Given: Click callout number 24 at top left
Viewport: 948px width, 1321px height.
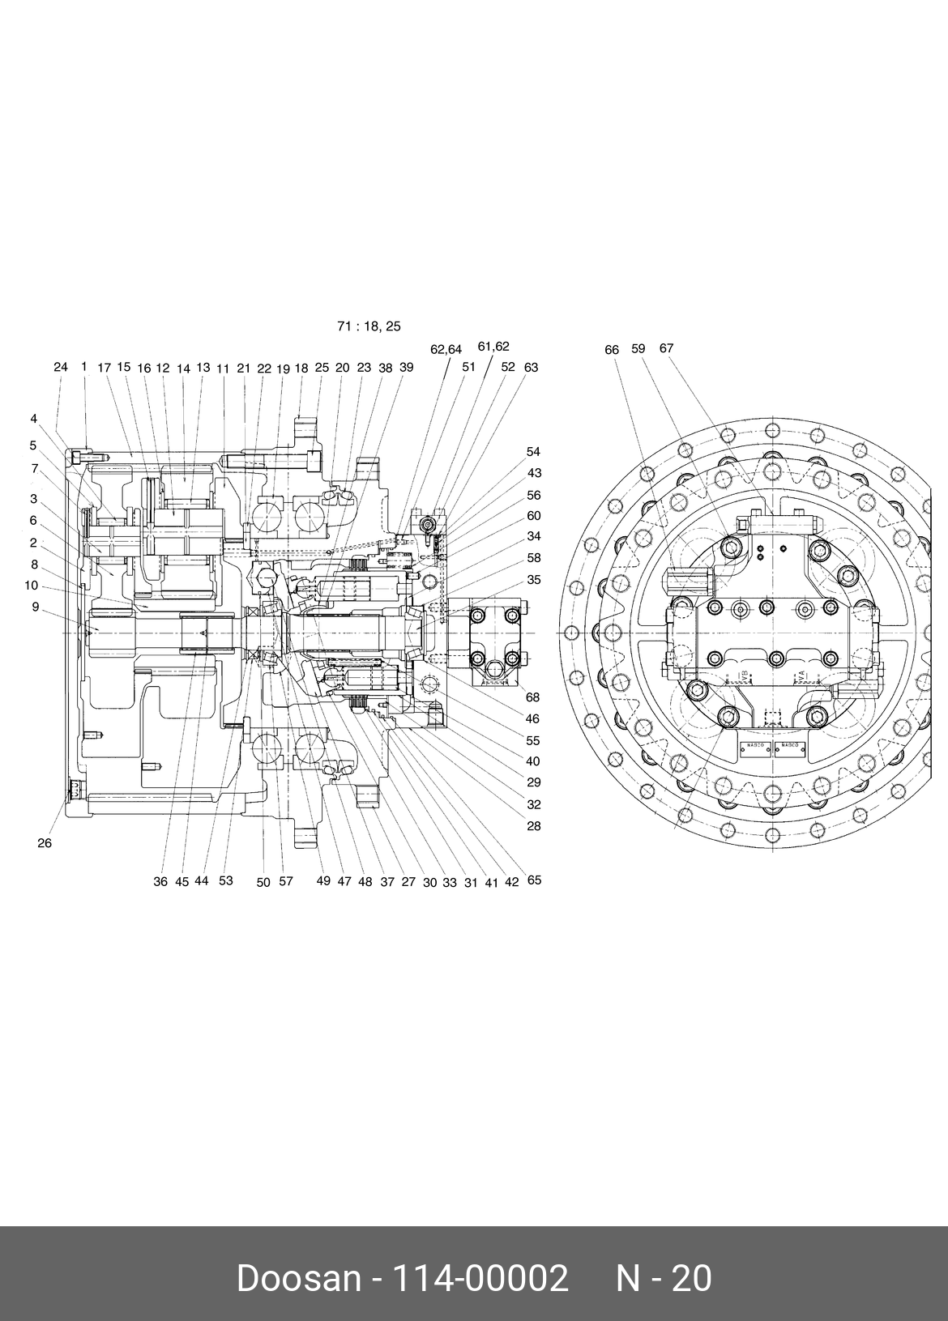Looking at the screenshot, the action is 61,367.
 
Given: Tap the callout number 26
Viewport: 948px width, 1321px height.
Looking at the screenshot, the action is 45,843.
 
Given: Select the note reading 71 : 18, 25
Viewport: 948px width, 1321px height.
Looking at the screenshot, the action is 369,326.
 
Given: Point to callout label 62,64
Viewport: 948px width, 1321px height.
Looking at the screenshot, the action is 446,350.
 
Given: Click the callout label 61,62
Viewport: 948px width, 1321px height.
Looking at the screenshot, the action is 493,347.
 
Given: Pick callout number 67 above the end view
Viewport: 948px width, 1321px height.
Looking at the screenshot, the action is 666,348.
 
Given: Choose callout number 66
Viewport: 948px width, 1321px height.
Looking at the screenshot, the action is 612,350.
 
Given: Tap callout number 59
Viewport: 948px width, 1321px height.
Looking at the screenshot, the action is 638,348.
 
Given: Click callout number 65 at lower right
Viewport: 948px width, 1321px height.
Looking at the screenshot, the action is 534,880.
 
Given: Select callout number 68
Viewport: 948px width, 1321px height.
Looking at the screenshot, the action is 532,697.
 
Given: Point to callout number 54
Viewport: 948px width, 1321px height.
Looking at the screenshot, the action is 533,452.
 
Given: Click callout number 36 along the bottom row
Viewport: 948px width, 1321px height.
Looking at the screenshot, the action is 160,882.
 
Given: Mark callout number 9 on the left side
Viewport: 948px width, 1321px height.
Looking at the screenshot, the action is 35,606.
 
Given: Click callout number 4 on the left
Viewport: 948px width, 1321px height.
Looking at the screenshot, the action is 34,419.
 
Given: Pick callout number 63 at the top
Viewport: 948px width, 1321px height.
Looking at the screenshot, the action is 531,367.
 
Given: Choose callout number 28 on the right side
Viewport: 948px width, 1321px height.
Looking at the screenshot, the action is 533,826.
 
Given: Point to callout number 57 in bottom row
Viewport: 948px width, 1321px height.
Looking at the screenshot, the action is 285,882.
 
